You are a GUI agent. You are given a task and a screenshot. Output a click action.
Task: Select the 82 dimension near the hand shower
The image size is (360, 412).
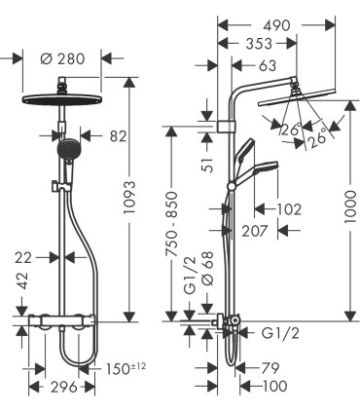tap(118, 136)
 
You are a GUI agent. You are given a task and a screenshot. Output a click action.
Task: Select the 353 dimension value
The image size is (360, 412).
tap(258, 44)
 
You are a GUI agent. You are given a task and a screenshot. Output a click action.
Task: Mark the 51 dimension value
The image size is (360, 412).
tap(207, 162)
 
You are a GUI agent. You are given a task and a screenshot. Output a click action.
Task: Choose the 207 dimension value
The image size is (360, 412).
tap(255, 230)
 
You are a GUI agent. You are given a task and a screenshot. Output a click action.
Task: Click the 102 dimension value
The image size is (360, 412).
tap(289, 207)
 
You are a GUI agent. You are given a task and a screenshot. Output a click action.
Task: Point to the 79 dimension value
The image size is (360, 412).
tap(272, 367)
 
